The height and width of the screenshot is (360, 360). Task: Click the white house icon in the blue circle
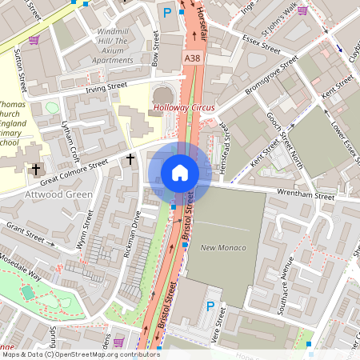(179, 173)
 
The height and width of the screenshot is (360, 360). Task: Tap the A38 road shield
(192, 59)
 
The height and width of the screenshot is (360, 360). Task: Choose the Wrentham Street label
(305, 194)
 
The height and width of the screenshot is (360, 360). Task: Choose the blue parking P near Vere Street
(211, 306)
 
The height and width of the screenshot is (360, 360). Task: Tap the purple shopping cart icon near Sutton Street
(34, 39)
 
